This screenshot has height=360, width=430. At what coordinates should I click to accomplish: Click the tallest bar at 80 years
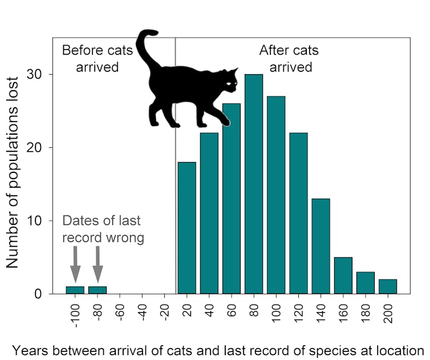point(254,188)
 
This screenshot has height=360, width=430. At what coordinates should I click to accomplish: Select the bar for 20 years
point(186,228)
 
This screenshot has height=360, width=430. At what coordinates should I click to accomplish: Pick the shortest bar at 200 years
point(388,287)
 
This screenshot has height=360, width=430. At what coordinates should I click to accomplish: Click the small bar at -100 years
point(75,290)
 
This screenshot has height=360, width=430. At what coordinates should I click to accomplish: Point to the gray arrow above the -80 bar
point(98,264)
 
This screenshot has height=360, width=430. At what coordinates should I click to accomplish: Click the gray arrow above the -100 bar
point(75,264)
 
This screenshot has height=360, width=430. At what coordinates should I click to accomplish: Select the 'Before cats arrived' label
point(97,58)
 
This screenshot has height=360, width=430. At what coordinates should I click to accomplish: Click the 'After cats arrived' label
point(290,58)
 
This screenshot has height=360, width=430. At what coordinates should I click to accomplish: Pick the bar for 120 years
point(298,214)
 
